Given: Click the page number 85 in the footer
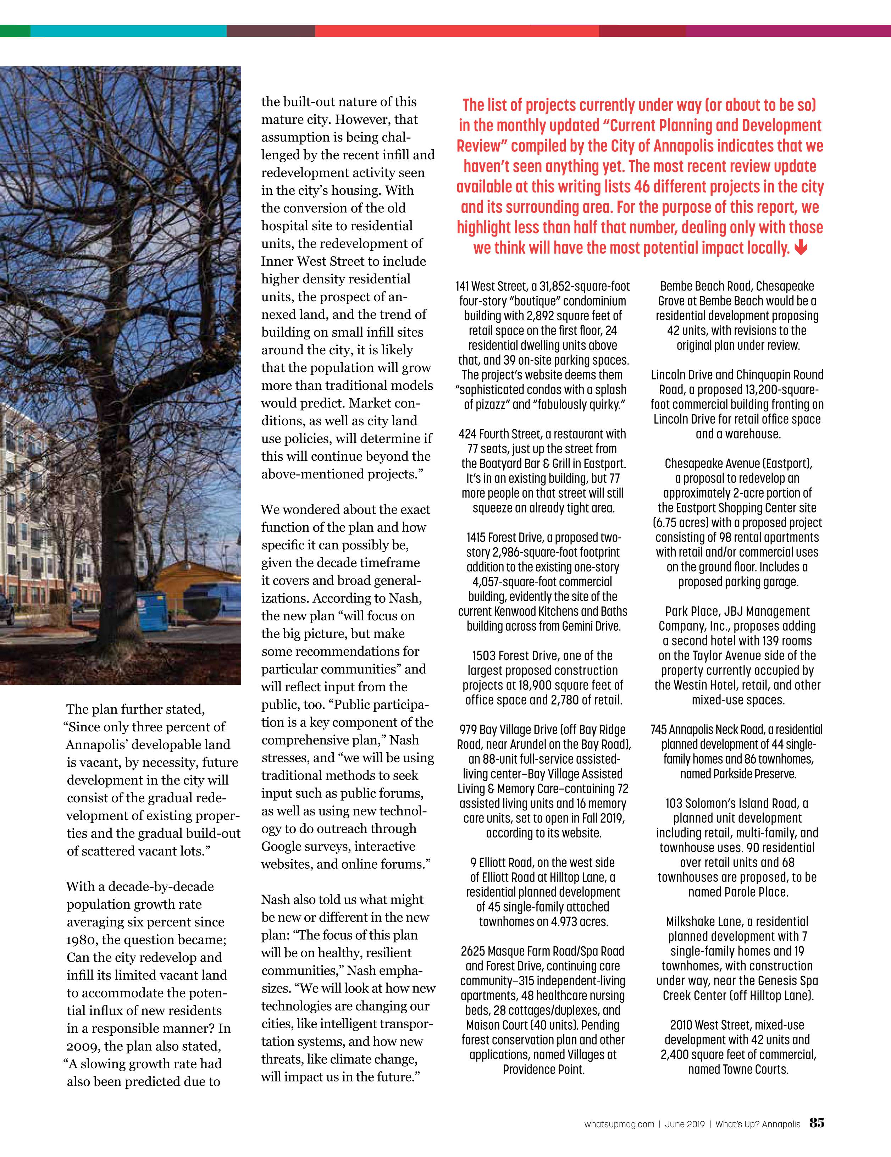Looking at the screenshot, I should [x=816, y=1122].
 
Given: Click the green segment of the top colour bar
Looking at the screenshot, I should [x=15, y=31].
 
